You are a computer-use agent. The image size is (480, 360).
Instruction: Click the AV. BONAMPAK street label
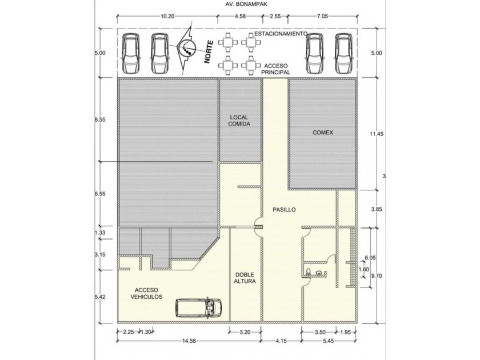tap(246, 5)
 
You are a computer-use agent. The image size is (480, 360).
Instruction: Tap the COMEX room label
tap(323, 133)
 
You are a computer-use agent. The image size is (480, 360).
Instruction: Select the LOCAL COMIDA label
tap(239, 121)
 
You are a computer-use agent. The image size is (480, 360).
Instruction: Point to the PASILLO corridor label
tap(284, 210)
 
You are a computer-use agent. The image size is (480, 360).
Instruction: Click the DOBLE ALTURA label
tap(245, 278)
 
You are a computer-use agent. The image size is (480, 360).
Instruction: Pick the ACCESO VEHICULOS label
tap(146, 293)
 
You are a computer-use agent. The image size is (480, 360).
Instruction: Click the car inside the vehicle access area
tap(199, 307)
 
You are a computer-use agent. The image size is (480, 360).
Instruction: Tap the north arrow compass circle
tap(187, 47)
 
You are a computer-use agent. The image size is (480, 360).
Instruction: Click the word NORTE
tap(209, 52)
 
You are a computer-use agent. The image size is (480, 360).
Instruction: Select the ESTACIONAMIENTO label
tap(281, 33)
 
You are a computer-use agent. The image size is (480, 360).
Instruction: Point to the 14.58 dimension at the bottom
tap(189, 341)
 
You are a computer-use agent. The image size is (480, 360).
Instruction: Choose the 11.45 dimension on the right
tap(376, 134)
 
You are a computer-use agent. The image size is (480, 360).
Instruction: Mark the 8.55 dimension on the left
tap(100, 119)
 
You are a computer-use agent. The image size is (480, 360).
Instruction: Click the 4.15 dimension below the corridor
tap(281, 341)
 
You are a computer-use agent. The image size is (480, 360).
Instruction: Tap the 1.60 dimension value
tap(363, 269)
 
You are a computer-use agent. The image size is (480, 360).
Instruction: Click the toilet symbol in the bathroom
tap(308, 271)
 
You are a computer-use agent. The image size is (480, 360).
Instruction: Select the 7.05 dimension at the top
tap(322, 16)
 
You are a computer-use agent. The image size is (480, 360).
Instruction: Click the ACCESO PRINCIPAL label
tap(276, 69)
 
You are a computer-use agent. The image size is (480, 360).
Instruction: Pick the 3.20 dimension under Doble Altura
tap(245, 332)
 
